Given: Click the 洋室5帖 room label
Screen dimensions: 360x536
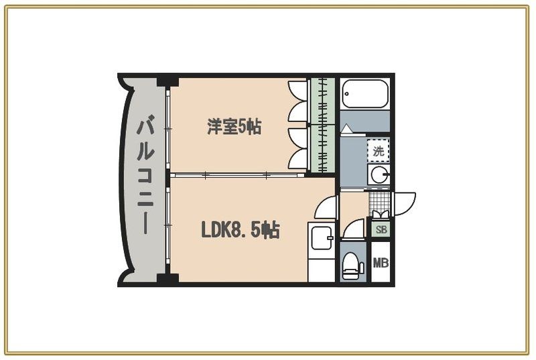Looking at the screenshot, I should (x=233, y=126).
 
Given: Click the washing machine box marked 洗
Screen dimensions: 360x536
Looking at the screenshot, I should (x=379, y=151).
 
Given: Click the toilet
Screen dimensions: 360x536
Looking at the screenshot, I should (x=350, y=267).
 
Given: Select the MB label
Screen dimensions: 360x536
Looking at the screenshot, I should (x=381, y=263).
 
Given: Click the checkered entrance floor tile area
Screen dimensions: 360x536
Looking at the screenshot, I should (x=379, y=200).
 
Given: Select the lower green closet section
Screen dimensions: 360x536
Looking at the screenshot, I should (x=322, y=147).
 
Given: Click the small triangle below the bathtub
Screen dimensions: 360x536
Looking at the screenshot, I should (x=346, y=127).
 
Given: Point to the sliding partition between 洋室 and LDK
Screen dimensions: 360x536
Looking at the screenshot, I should (x=238, y=174).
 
